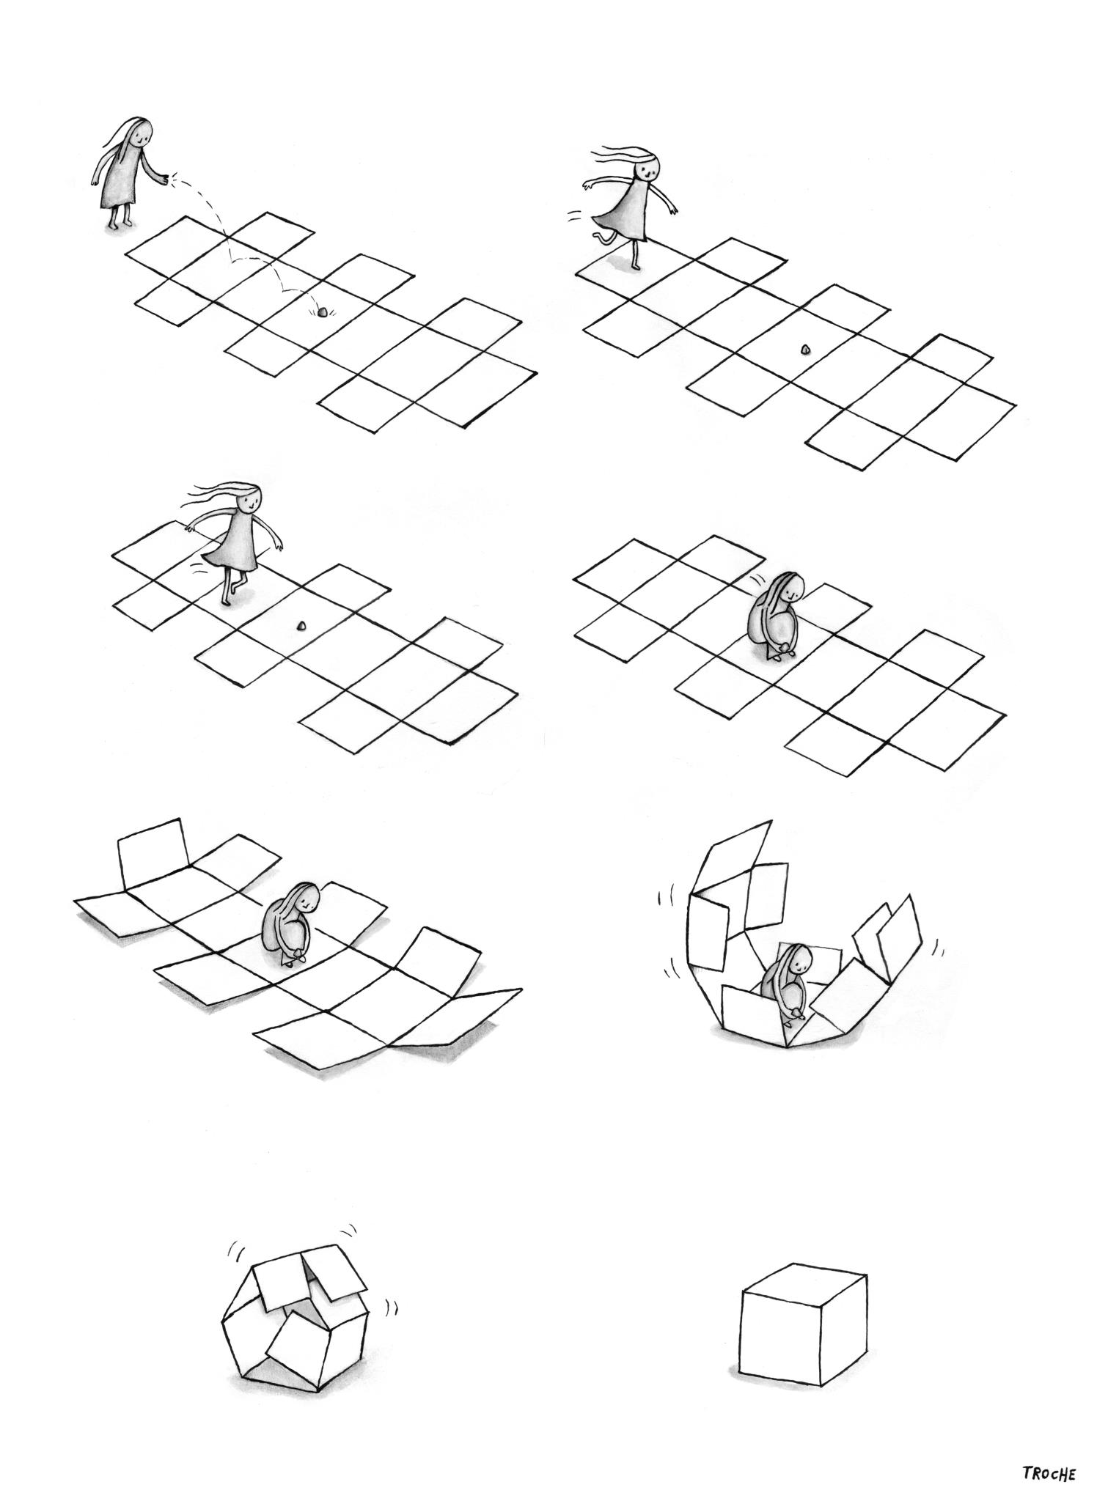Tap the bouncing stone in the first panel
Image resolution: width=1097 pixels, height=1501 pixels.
point(321,312)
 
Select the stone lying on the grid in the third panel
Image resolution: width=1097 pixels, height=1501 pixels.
point(300,626)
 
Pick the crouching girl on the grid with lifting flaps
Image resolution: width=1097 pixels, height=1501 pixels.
point(293,925)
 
